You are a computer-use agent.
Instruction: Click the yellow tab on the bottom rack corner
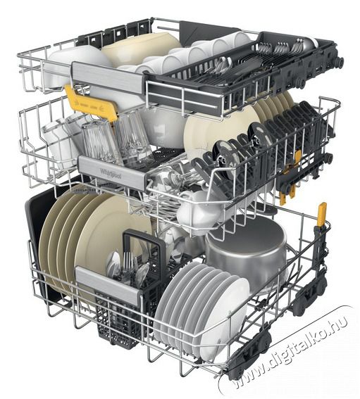point(321,215)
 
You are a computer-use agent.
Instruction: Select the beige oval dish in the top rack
point(134,49)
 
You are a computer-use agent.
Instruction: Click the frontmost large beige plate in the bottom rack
point(63,243)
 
